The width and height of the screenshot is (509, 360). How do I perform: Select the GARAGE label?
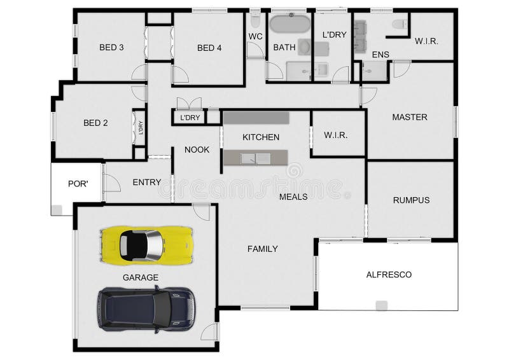(x=141, y=277)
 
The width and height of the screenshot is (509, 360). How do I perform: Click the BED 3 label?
(x=111, y=47)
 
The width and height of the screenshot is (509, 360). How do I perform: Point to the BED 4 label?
(x=209, y=47)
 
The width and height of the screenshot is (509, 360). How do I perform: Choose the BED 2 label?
(x=95, y=123)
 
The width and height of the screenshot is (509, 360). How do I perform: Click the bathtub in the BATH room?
(x=289, y=24)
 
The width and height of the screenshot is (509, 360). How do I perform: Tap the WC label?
(x=255, y=36)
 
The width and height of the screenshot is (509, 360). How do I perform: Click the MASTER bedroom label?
(x=409, y=117)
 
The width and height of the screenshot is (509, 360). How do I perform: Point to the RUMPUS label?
(x=410, y=200)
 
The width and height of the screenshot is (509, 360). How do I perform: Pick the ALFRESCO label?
(x=389, y=275)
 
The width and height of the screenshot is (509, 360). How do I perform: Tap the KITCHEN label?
(x=261, y=137)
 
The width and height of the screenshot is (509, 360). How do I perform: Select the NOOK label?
(x=197, y=150)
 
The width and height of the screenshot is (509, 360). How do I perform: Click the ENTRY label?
(x=146, y=183)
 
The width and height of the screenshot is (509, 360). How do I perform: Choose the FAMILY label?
(x=262, y=249)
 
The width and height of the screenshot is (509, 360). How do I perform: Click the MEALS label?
(x=293, y=197)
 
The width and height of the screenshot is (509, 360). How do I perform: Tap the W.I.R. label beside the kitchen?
(x=335, y=135)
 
